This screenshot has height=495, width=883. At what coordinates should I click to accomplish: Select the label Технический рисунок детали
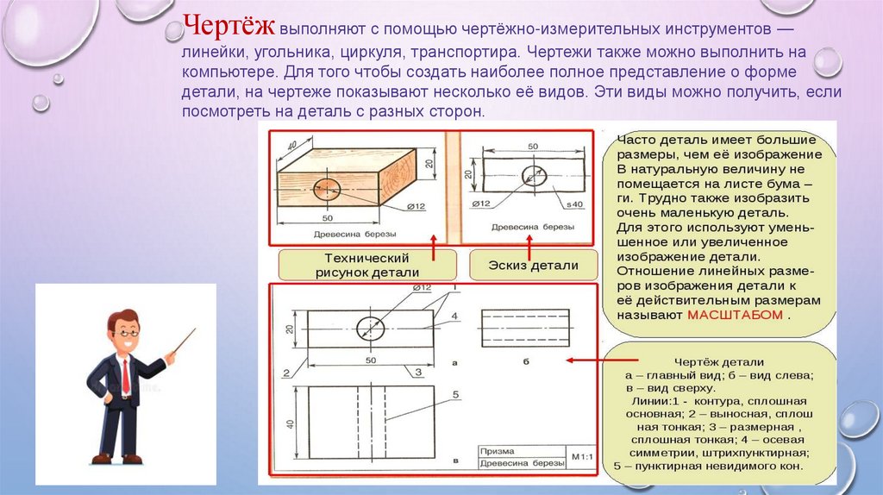(x=366, y=265)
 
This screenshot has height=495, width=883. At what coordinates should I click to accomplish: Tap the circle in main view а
(x=371, y=328)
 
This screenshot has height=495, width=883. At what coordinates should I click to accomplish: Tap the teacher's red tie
(x=125, y=377)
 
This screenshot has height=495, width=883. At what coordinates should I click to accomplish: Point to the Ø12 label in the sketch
(x=480, y=204)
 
